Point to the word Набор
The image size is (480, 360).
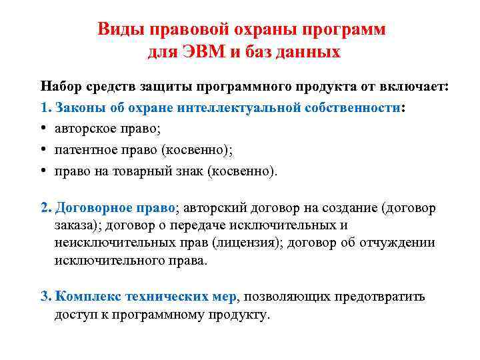click(58, 87)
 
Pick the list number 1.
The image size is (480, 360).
click(45, 107)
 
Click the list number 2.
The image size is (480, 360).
click(45, 208)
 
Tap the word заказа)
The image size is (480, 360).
click(76, 225)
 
